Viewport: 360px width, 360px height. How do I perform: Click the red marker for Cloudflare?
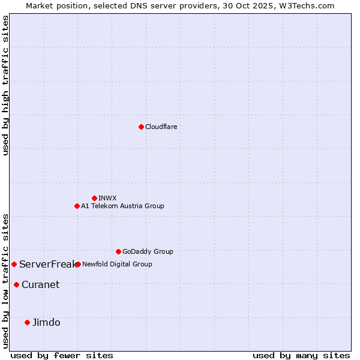click(141, 127)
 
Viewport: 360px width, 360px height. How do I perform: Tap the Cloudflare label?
click(161, 127)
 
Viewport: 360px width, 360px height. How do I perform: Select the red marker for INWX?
click(94, 198)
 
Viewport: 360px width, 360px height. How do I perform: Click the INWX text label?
click(107, 198)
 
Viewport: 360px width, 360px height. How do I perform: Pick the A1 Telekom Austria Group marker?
click(77, 206)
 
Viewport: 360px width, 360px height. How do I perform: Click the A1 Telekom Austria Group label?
click(122, 206)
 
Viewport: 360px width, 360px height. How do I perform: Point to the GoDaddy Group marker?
click(118, 251)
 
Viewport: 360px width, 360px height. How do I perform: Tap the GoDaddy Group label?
click(148, 251)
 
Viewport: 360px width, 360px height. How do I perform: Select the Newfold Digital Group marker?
click(78, 264)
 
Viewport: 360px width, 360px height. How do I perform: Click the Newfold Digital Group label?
click(117, 264)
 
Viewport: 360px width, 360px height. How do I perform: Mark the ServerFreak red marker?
click(14, 264)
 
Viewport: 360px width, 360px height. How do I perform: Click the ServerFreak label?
click(47, 264)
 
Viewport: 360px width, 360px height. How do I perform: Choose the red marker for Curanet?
click(16, 284)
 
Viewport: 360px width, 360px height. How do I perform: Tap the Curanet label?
click(40, 284)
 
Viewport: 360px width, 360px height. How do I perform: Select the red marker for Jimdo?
click(27, 322)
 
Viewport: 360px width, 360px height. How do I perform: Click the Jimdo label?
click(46, 322)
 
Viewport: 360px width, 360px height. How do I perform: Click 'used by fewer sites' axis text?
click(62, 355)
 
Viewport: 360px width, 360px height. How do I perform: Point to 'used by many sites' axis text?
click(301, 355)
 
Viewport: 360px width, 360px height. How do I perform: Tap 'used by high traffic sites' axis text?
click(5, 85)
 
